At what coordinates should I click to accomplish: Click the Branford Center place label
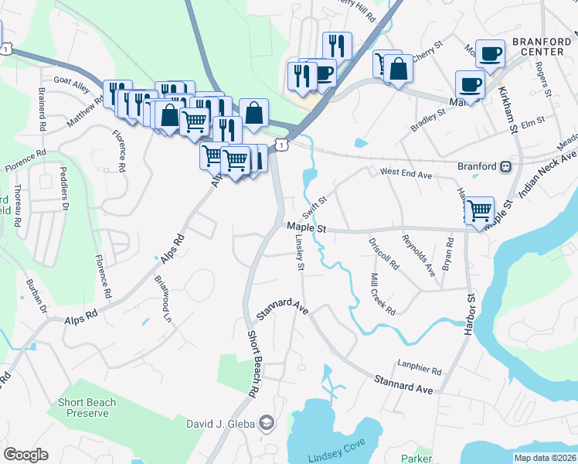click(542, 46)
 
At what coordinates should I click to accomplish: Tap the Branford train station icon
click(505, 165)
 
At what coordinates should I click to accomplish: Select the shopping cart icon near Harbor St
click(480, 210)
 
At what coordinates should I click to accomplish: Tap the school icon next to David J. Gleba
click(266, 422)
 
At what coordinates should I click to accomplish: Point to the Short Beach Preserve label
click(87, 408)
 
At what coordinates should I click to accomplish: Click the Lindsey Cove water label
click(335, 456)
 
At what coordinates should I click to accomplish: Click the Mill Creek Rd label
click(382, 295)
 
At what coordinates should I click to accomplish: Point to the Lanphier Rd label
click(419, 370)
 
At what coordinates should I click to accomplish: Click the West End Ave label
click(404, 174)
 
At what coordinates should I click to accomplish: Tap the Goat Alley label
click(72, 80)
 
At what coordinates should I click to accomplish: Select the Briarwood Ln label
click(161, 299)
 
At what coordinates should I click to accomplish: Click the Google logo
click(25, 455)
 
